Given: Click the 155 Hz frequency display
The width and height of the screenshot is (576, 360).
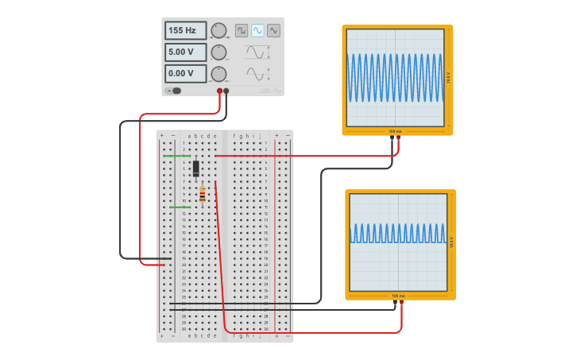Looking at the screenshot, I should click(185, 31).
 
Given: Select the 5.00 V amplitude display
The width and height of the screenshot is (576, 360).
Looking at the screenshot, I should click(185, 52).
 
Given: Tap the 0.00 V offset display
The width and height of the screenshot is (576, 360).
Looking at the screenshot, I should click(185, 74).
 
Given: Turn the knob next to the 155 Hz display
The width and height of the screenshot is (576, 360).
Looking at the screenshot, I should click(218, 31).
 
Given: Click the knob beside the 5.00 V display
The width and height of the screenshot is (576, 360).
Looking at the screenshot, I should click(218, 52).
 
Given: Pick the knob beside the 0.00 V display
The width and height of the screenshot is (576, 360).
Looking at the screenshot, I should click(218, 74).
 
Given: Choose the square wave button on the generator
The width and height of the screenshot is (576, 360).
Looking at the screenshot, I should click(241, 30).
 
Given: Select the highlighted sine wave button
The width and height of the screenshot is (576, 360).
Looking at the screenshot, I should click(257, 30).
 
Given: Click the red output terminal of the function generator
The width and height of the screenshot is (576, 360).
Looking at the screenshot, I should click(220, 91).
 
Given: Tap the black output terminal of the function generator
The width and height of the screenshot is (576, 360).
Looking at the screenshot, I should click(226, 91).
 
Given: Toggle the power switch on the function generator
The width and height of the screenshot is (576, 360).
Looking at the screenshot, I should click(175, 91).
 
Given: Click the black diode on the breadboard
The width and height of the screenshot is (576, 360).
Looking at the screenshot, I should click(196, 168).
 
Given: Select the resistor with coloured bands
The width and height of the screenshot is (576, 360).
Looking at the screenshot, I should click(203, 194).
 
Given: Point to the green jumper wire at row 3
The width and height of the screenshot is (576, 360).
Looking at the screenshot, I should click(176, 156).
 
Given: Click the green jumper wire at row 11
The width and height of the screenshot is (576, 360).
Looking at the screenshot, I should click(179, 207).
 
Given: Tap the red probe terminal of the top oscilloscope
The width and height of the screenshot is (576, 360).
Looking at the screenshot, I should click(399, 138).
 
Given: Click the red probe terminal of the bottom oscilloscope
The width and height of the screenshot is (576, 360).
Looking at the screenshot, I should click(401, 303).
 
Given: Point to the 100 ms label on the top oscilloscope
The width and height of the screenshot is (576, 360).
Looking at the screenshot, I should click(395, 131).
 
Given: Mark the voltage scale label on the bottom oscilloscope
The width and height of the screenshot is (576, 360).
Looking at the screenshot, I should click(451, 242).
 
